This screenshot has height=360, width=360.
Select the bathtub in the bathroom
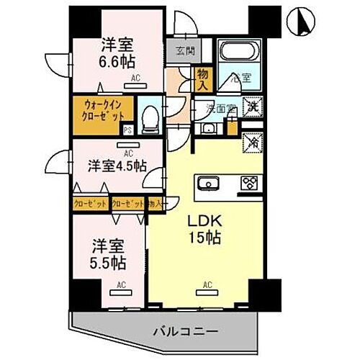tap(240, 54)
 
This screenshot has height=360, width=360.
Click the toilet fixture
tap(150, 115)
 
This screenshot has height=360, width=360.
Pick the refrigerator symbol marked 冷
tap(253, 142)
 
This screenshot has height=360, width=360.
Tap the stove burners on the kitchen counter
tap(250, 182)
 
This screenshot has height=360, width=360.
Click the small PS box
tap(127, 130)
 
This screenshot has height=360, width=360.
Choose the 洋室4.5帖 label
tap(117, 166)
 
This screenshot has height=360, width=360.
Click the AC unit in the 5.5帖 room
tap(120, 286)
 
